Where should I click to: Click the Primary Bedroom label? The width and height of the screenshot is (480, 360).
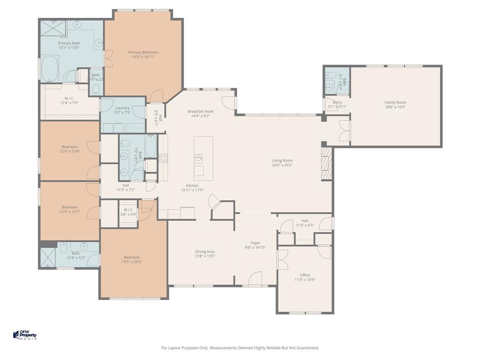point(143,52)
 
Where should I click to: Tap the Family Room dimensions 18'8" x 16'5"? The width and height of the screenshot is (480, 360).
point(395,107)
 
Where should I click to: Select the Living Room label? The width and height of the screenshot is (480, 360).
point(282,160)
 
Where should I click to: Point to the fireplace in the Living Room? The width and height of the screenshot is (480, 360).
point(326,164)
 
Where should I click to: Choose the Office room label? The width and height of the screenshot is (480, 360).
point(305,275)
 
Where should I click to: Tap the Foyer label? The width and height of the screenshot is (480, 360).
point(255,243)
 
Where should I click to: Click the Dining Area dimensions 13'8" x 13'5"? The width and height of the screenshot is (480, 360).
point(204,256)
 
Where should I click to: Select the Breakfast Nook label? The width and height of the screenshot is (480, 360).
point(201,112)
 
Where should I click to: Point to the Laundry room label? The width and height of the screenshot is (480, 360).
point(122,108)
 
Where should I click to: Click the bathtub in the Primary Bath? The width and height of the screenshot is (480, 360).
point(49,69)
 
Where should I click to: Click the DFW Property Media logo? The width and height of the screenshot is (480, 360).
point(25,336)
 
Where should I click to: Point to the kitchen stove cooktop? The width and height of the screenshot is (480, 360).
point(163,158)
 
